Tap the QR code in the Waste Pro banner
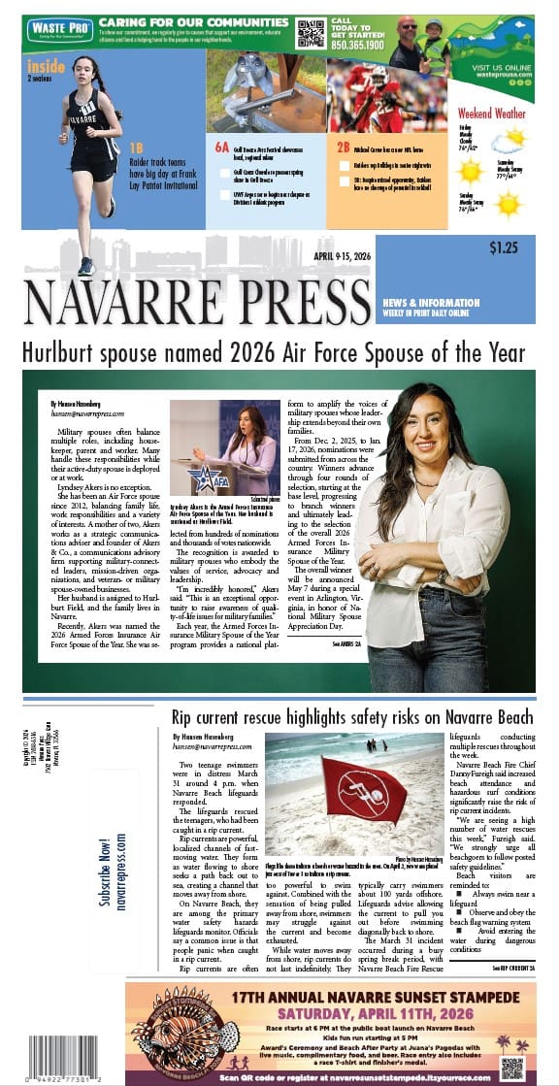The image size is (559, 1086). click(311, 33)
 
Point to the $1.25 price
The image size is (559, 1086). click(503, 247)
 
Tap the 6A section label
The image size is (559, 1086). click(222, 148)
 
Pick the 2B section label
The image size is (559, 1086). click(343, 148)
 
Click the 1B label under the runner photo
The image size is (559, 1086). click(137, 148)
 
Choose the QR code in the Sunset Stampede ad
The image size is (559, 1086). click(511, 1066)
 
